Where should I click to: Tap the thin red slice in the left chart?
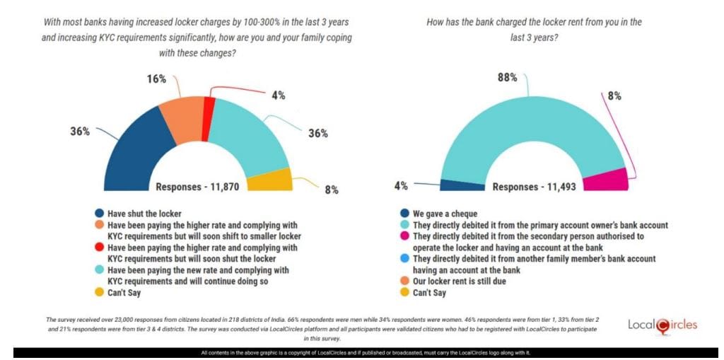click(209, 110)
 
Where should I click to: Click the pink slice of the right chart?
click(609, 180)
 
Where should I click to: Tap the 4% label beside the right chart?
click(401, 186)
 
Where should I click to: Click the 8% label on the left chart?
click(331, 189)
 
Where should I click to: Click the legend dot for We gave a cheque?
click(404, 214)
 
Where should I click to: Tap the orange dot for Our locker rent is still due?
click(404, 281)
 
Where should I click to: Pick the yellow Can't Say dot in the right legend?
click(404, 293)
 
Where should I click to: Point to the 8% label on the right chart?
click(614, 95)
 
